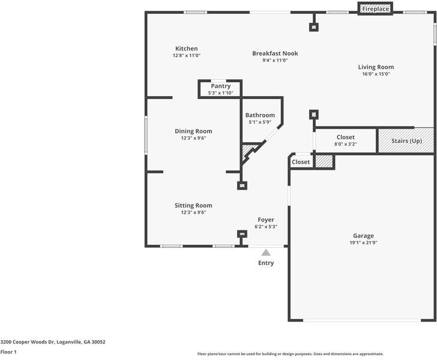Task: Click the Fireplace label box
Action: point(375,8)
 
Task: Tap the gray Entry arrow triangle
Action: point(266,253)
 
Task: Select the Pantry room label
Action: point(220,86)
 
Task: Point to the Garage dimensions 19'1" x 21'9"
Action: point(363,242)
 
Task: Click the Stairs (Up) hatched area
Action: point(406,140)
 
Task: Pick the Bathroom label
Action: point(260,115)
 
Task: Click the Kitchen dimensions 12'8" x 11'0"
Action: point(187,55)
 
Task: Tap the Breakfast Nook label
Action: point(275,53)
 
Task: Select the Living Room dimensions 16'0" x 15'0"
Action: point(376,74)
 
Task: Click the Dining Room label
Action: point(193,131)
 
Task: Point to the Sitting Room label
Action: point(193,206)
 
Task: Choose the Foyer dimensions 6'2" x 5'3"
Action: point(266,227)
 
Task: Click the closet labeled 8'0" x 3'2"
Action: point(346,140)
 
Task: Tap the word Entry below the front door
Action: point(266,263)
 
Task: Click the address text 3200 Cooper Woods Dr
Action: point(28,342)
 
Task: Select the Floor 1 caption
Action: point(8,352)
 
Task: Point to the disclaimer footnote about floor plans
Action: point(291,354)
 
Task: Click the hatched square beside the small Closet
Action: point(324,161)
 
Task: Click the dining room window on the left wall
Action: point(146,135)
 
